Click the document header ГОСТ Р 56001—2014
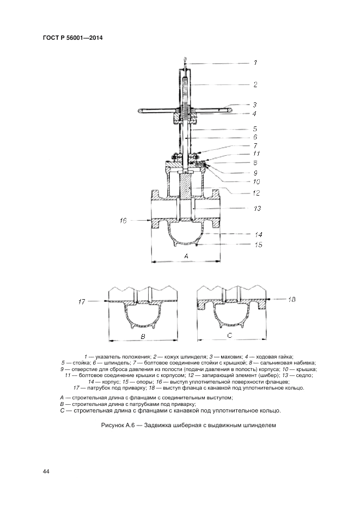[x=72, y=38]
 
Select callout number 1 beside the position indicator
[x=255, y=63]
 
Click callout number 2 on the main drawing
[x=255, y=84]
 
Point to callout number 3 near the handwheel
[x=254, y=105]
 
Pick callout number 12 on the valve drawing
[x=256, y=193]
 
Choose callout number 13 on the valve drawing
[x=256, y=209]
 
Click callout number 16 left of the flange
[x=124, y=221]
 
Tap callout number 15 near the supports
[x=258, y=245]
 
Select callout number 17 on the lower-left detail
[x=82, y=301]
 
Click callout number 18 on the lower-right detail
[x=292, y=299]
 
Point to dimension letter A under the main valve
[x=186, y=256]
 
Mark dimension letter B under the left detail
[x=143, y=336]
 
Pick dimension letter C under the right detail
[x=229, y=335]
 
